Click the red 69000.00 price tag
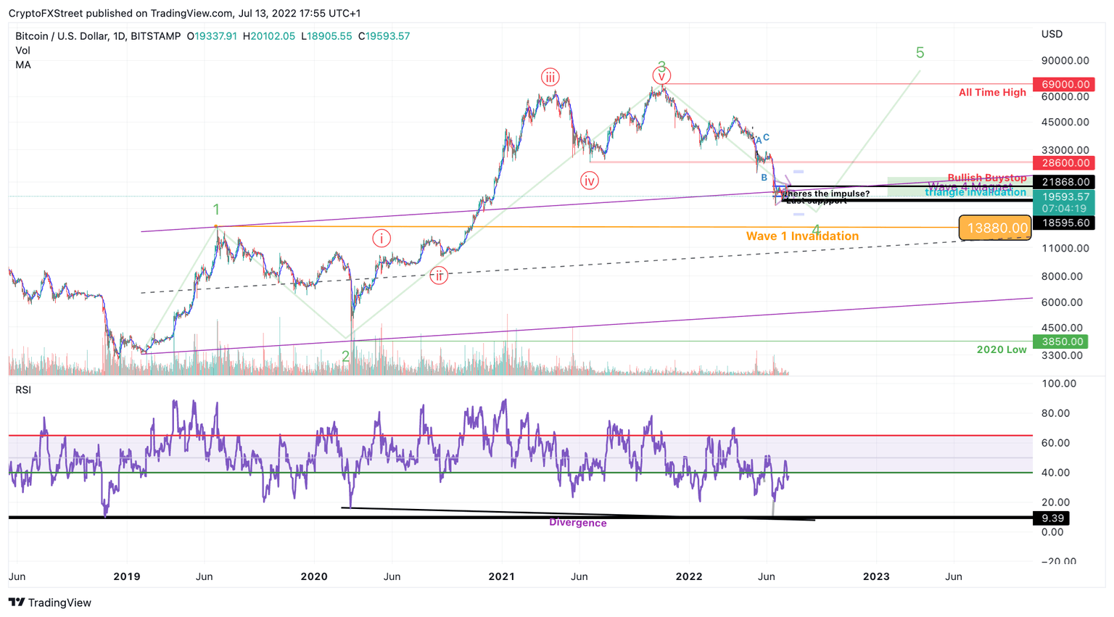coord(1063,84)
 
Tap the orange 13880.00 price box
coord(995,228)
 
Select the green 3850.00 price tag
coord(1063,341)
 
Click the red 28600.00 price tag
coord(1063,163)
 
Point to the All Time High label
coord(992,92)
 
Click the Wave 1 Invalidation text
coord(802,236)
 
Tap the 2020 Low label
coord(1001,349)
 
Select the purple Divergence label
coord(577,523)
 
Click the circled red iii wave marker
coord(550,78)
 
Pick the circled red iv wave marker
coord(589,181)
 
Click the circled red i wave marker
coord(381,238)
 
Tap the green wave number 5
coord(920,53)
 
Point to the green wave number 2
coord(346,356)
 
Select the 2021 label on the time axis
coord(501,576)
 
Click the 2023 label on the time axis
coord(876,576)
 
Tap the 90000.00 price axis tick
coord(1065,61)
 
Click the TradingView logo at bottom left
coord(50,602)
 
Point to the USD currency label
coord(1052,34)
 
